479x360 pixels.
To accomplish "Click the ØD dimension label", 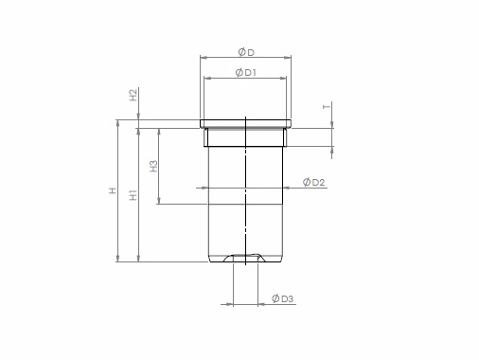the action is click(246, 52).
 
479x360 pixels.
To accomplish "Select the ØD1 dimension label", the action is click(246, 72).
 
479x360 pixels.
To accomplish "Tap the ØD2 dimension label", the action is click(313, 182).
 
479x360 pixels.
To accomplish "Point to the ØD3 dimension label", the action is click(282, 298).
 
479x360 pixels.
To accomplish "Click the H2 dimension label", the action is click(133, 95).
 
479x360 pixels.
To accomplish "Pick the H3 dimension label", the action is click(153, 166).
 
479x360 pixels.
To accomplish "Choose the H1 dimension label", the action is click(133, 194).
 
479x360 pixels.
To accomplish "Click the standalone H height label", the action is click(113, 190).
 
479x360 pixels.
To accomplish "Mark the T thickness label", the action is click(328, 106).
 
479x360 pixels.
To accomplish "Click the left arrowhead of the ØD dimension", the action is click(204, 58).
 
